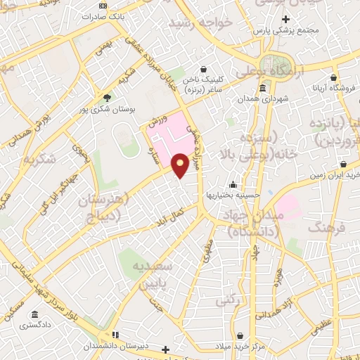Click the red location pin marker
(180, 165)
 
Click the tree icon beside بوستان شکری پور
(107, 97)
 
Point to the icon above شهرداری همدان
(262, 88)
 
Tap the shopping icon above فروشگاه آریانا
(333, 77)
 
